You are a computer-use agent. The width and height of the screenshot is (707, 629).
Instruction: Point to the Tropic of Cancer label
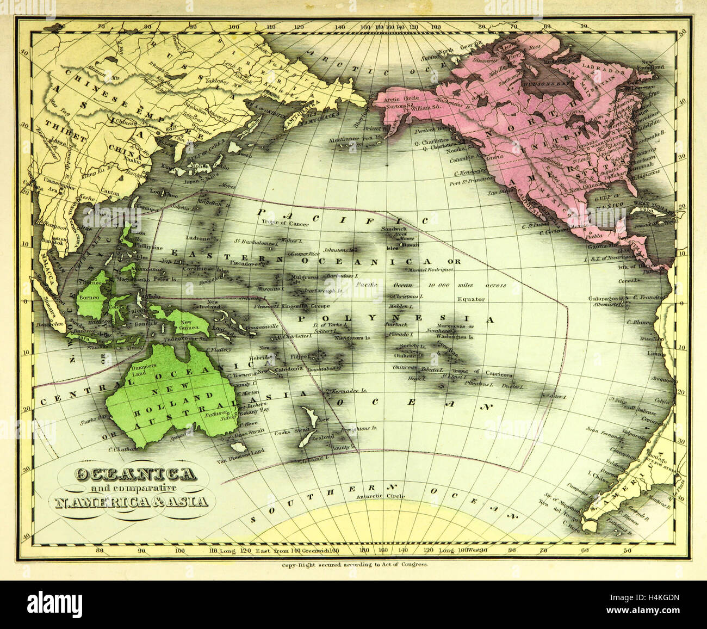[x=285, y=224]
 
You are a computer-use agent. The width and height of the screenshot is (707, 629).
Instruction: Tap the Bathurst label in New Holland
[x=213, y=414]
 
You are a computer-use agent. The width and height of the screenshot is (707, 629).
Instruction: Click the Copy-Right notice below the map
[x=355, y=565]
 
